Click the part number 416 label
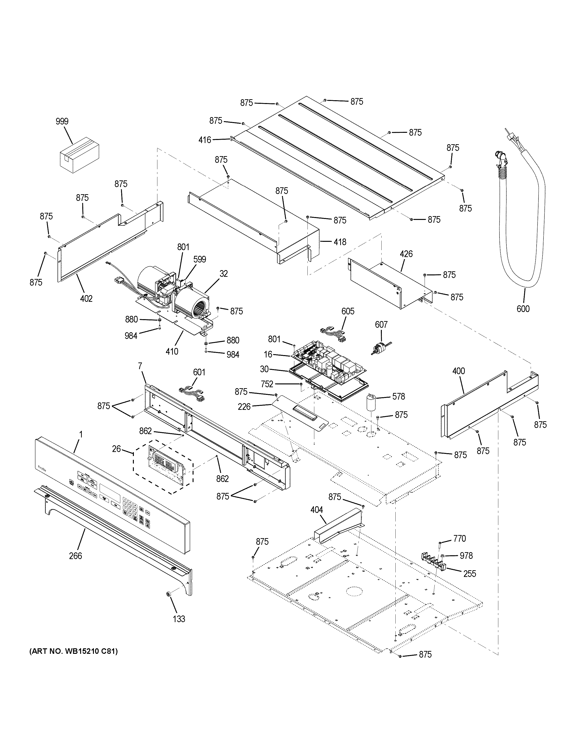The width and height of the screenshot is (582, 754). coord(204,140)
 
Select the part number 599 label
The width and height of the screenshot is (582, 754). coord(200,259)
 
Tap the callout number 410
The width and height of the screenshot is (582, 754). coord(172,352)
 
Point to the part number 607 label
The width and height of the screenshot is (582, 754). coord(381,325)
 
